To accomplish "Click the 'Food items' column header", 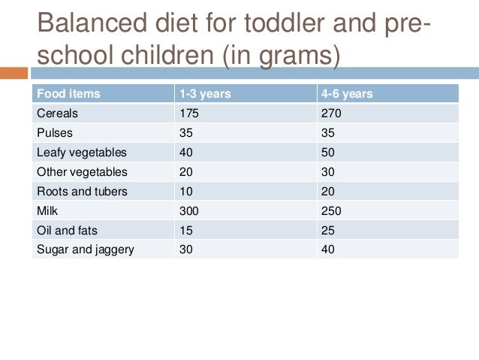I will point(68,94).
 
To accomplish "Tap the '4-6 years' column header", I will point(348,94).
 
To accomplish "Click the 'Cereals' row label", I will point(57,113).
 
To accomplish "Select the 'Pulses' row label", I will point(54,133).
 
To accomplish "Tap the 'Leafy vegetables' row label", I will point(82,153).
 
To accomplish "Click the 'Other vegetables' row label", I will point(82,172).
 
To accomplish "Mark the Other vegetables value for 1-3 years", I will point(186,172).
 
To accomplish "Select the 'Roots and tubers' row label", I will point(82,191).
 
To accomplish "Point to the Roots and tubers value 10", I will point(186,191).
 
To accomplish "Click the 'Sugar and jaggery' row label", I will point(85,250).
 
